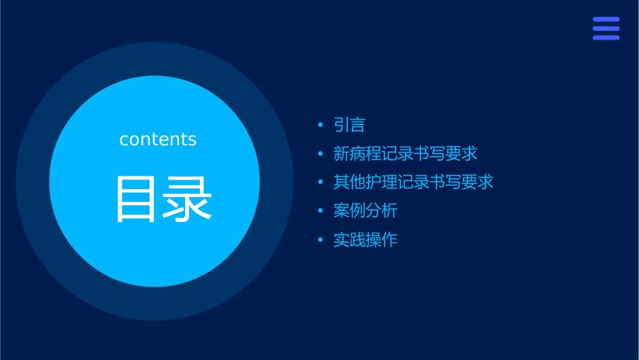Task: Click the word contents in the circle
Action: pyautogui.click(x=158, y=139)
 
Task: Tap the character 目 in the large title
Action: pyautogui.click(x=136, y=199)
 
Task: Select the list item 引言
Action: pyautogui.click(x=349, y=125)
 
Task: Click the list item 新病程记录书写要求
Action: pyautogui.click(x=405, y=153)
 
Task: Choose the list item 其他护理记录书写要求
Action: pyautogui.click(x=413, y=182)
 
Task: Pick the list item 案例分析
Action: pyautogui.click(x=365, y=211)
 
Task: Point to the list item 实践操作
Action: pyautogui.click(x=365, y=240)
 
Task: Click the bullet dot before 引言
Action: pyautogui.click(x=320, y=125)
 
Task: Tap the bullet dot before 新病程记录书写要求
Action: pyautogui.click(x=320, y=153)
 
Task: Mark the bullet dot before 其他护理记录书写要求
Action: pyautogui.click(x=320, y=182)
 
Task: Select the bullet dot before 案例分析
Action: pyautogui.click(x=320, y=211)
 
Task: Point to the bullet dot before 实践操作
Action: pyautogui.click(x=320, y=240)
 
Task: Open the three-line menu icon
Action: pyautogui.click(x=606, y=28)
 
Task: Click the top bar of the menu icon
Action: pyautogui.click(x=606, y=20)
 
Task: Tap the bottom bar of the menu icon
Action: pyautogui.click(x=606, y=38)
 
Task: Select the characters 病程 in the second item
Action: pyautogui.click(x=365, y=153)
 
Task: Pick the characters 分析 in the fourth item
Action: pyautogui.click(x=381, y=211)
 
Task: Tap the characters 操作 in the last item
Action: pyautogui.click(x=381, y=240)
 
